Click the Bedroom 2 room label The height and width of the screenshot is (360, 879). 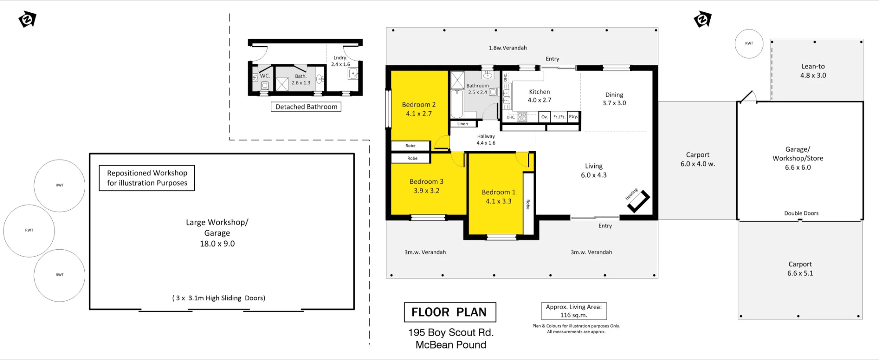click(x=419, y=105)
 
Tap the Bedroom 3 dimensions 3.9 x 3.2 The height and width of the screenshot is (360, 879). click(x=426, y=191)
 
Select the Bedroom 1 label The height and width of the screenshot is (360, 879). click(x=498, y=192)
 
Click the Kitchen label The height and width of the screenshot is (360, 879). click(x=539, y=92)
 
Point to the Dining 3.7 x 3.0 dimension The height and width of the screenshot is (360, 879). click(x=614, y=103)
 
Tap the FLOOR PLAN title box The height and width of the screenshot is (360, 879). click(x=450, y=312)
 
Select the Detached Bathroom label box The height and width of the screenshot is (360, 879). click(x=306, y=107)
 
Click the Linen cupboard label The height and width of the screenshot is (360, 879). click(x=462, y=124)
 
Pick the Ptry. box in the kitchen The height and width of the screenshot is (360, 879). click(x=574, y=116)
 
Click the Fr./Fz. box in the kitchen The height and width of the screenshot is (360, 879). click(x=559, y=116)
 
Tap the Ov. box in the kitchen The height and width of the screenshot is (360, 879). click(x=545, y=116)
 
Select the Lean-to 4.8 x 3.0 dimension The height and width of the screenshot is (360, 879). click(x=813, y=76)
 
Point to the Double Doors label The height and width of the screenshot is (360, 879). click(x=801, y=213)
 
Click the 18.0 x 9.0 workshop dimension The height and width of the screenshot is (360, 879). click(x=217, y=244)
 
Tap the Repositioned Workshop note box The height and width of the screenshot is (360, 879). click(x=147, y=178)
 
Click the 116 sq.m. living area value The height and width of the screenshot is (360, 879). click(x=574, y=315)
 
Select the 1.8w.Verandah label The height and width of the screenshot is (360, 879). click(x=508, y=48)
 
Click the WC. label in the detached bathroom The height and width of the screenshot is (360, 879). click(x=265, y=76)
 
